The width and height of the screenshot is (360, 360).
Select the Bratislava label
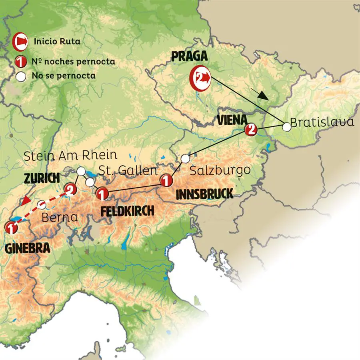coord(322,122)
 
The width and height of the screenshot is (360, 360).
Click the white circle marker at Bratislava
coord(286,127)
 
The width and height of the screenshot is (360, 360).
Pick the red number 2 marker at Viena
coord(250,129)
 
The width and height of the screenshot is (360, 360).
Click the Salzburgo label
coord(220,170)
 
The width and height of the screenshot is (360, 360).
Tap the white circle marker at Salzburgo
coord(185,159)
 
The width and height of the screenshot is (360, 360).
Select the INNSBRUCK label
coord(204,194)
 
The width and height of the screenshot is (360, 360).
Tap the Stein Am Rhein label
coord(70,156)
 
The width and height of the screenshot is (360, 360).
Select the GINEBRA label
coord(28,248)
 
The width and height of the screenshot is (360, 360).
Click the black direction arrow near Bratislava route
coord(260,95)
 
